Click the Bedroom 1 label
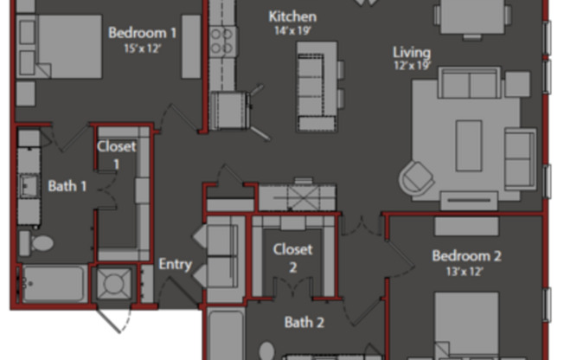[x=143, y=33]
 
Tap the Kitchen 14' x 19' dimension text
[x=292, y=30]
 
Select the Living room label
[x=412, y=52]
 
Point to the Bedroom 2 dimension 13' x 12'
[x=465, y=272]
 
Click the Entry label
[x=176, y=264]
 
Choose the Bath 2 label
[x=304, y=322]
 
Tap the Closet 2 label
[x=292, y=258]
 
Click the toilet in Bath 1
[x=36, y=243]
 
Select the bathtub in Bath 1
[x=54, y=284]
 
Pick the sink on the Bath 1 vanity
[x=29, y=186]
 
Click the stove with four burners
[x=222, y=42]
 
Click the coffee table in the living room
[x=469, y=145]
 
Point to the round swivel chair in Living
[x=416, y=178]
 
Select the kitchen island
[x=317, y=87]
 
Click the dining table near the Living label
[x=472, y=16]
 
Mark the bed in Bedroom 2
[x=466, y=325]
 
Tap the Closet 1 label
[x=117, y=155]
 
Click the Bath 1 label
[x=67, y=186]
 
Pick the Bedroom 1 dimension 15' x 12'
[x=142, y=48]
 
